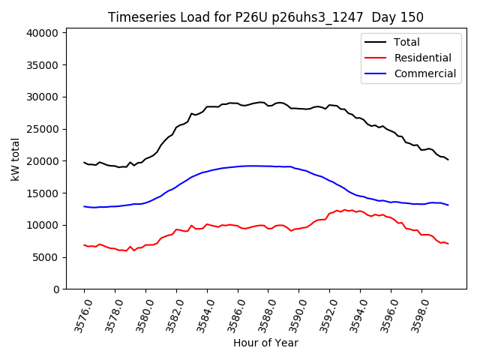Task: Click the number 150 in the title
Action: click(411, 17)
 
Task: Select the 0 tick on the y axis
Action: click(55, 289)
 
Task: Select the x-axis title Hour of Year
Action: click(265, 343)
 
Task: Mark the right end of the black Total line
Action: click(448, 160)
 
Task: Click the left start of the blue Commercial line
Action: click(84, 206)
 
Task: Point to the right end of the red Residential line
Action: click(448, 244)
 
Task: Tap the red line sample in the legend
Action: click(377, 58)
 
